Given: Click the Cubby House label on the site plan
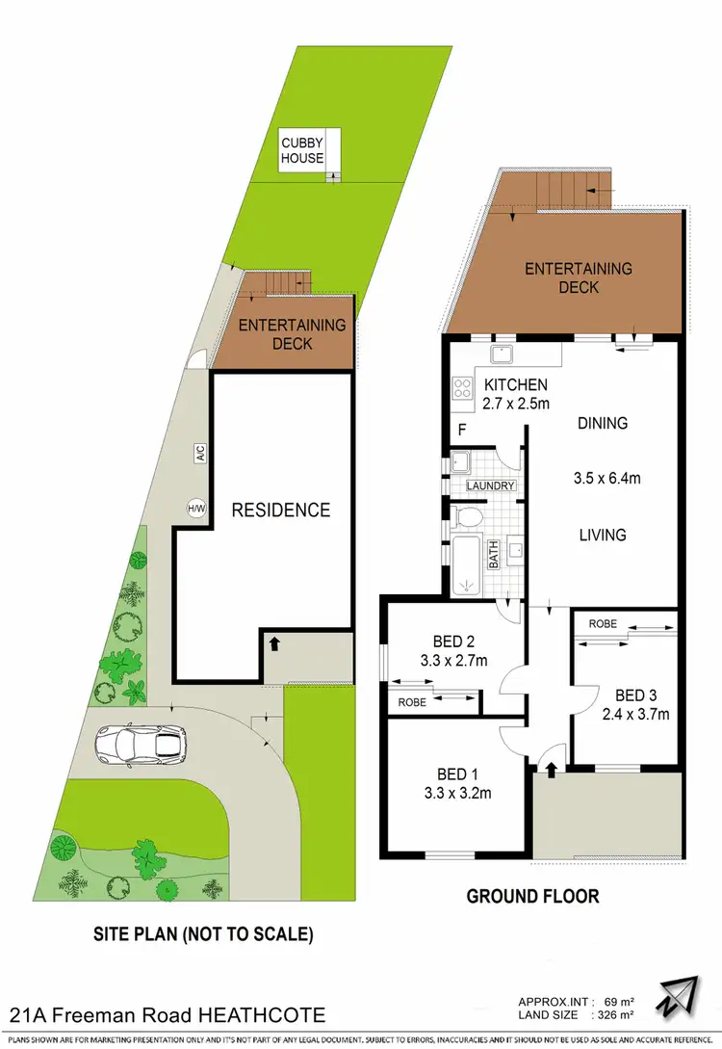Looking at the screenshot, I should click(302, 149).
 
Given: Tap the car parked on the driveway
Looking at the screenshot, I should click(141, 743).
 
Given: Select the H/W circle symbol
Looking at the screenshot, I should click(196, 507).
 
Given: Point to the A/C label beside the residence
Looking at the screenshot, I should click(200, 453).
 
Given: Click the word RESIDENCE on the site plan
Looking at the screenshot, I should click(281, 511).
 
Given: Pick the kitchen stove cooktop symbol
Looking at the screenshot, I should click(461, 389).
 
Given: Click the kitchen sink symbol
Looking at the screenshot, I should click(502, 354).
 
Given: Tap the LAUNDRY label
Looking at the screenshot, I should click(491, 486).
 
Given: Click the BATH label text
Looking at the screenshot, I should click(493, 554).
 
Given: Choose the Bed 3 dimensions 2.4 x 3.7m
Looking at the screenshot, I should click(634, 714).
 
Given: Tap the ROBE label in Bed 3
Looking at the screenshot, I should click(603, 623).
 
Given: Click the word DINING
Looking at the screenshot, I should click(603, 423).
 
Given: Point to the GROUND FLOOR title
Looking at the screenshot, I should click(532, 897).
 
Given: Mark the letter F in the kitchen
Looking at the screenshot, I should click(462, 430).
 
